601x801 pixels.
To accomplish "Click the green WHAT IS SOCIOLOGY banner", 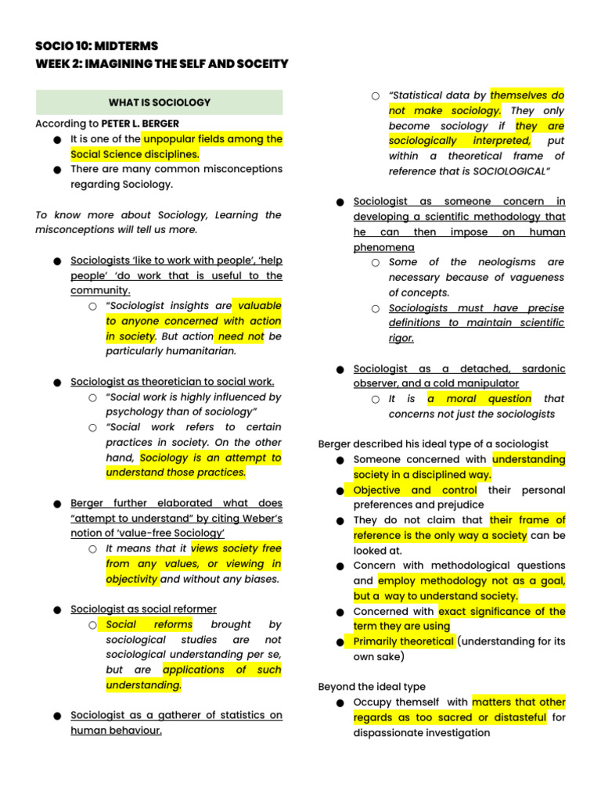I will pyautogui.click(x=159, y=102).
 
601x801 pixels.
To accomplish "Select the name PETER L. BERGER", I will pyautogui.click(x=140, y=124).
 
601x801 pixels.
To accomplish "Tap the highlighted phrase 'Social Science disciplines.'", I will pyautogui.click(x=135, y=154).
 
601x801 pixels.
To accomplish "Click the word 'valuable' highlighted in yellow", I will pyautogui.click(x=260, y=306).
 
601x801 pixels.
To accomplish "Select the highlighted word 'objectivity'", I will pyautogui.click(x=132, y=579).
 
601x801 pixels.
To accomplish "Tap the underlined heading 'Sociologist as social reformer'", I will pyautogui.click(x=143, y=609).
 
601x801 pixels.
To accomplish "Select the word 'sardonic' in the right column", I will pyautogui.click(x=538, y=368).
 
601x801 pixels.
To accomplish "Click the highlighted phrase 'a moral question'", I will pyautogui.click(x=479, y=399).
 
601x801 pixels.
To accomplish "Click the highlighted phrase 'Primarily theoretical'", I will pyautogui.click(x=403, y=641).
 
